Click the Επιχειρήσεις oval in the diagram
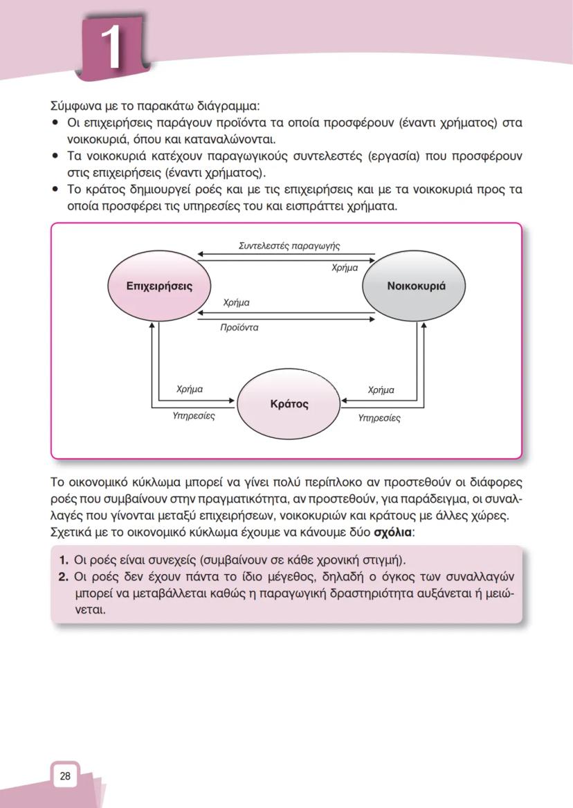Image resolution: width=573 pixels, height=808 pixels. [x=159, y=286]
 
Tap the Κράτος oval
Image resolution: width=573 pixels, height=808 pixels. [x=289, y=404]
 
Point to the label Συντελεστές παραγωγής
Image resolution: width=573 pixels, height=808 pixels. [x=289, y=246]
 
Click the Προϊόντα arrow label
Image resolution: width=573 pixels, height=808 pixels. [x=239, y=327]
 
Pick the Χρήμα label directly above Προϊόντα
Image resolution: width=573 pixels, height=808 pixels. [x=237, y=303]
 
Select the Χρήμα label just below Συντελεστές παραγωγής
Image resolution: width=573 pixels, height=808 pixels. [x=345, y=268]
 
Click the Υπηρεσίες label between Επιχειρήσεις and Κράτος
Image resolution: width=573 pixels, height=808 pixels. [x=193, y=416]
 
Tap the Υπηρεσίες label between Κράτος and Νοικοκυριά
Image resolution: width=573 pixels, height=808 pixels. [x=379, y=418]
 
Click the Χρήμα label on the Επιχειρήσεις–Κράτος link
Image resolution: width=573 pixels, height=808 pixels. [x=190, y=389]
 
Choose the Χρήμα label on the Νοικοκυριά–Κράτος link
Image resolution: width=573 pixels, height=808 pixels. [x=381, y=390]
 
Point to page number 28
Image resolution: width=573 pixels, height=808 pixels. [x=65, y=776]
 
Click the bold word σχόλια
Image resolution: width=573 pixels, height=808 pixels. [x=392, y=533]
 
